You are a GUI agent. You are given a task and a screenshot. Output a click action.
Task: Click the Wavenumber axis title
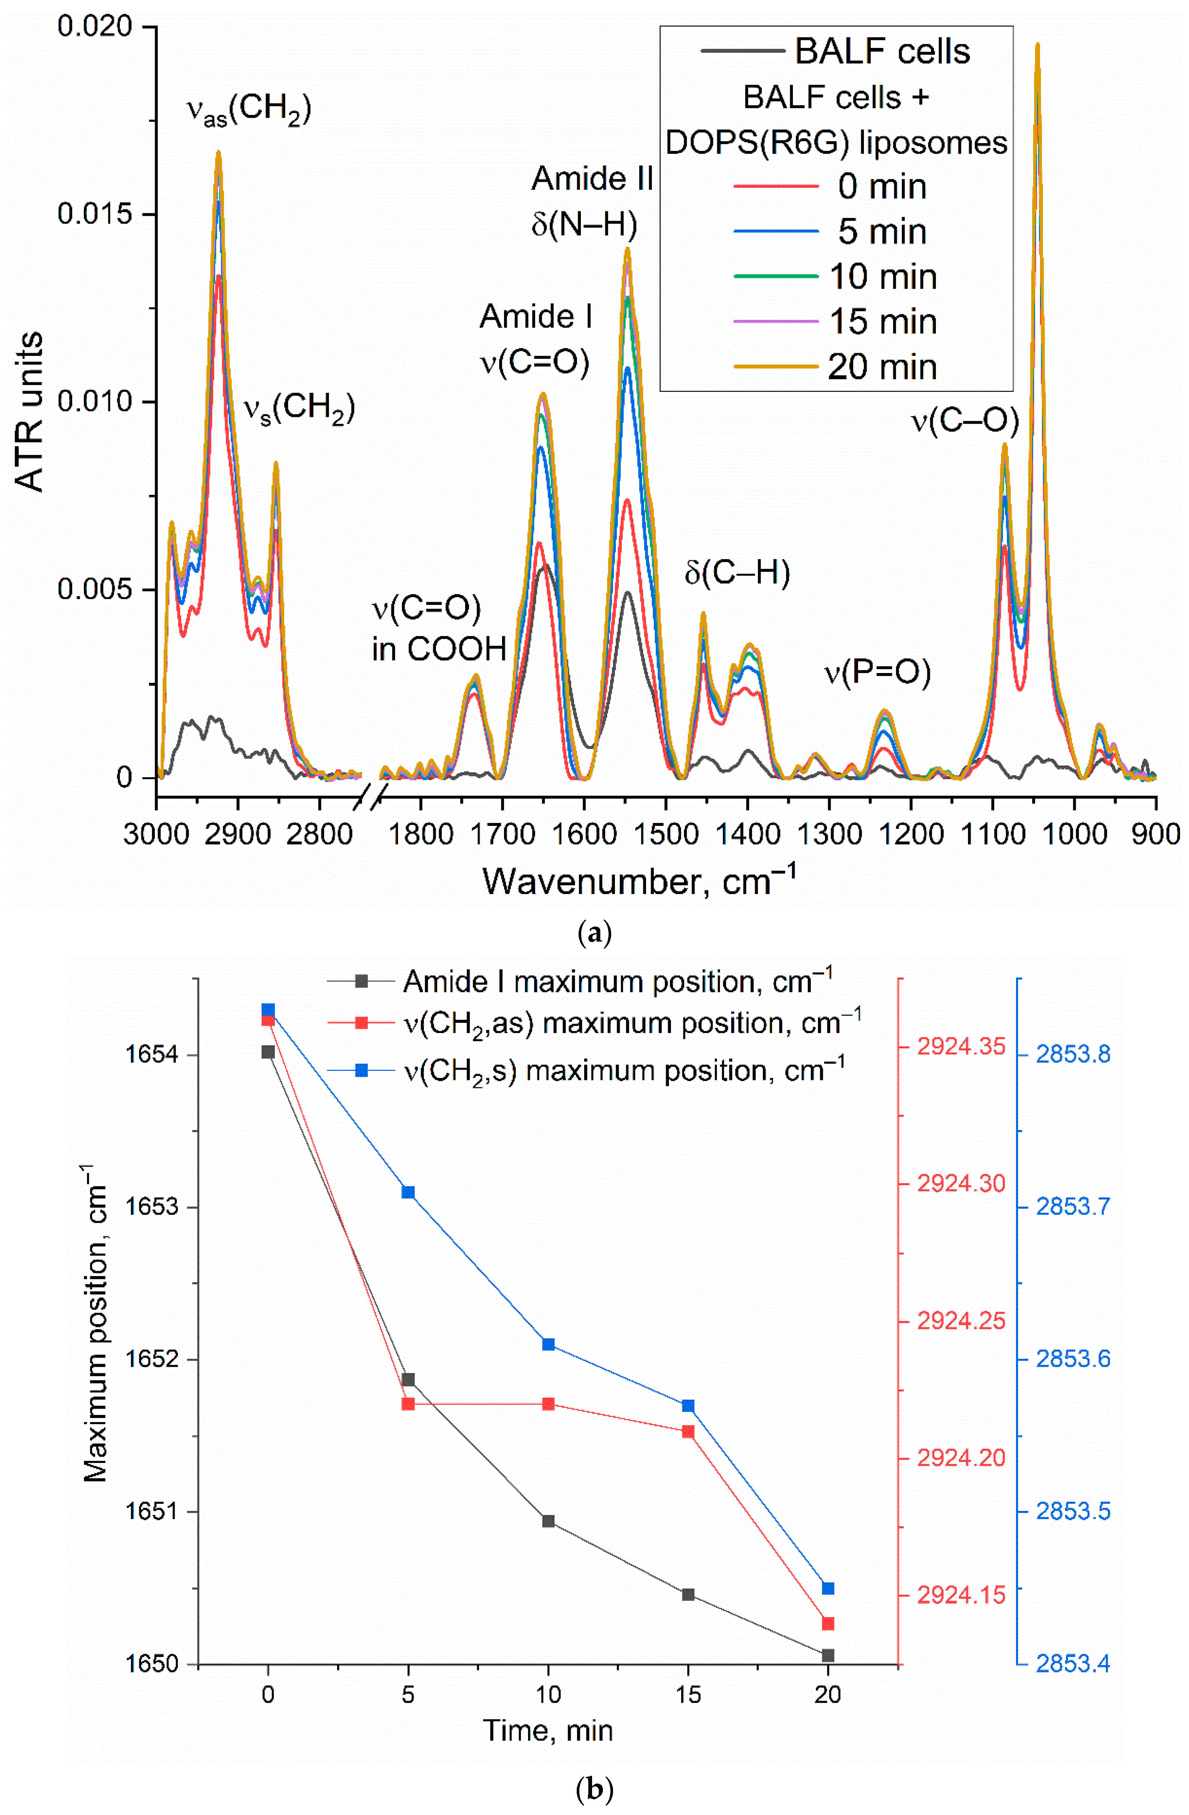pyautogui.click(x=639, y=882)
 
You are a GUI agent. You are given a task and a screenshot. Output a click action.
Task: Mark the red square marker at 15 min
pyautogui.click(x=688, y=1431)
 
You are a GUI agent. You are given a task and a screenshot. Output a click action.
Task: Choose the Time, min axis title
pyautogui.click(x=548, y=1730)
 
